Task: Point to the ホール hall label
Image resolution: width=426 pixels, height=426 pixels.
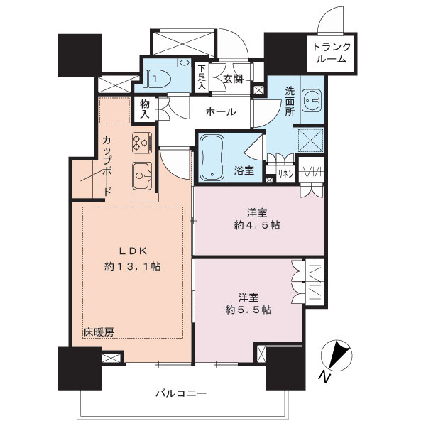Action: [x=221, y=111]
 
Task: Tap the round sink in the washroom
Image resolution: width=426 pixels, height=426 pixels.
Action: [x=310, y=101]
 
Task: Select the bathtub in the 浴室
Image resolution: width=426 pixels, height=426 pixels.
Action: [x=212, y=158]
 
